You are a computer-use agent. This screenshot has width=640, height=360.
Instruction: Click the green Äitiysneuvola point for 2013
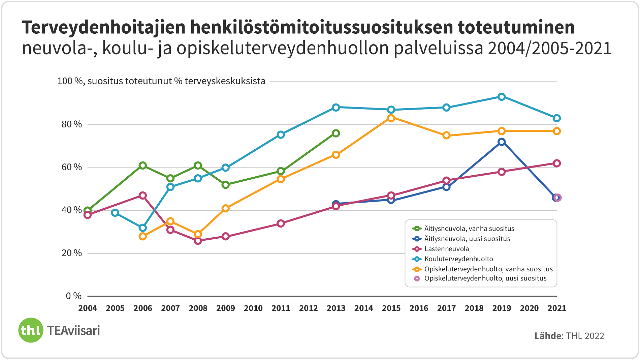pyautogui.click(x=336, y=133)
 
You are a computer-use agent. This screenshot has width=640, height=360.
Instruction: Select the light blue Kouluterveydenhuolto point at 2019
pyautogui.click(x=502, y=97)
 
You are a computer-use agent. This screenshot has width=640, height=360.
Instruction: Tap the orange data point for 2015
pyautogui.click(x=391, y=118)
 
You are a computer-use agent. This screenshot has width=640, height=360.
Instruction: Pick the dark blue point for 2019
pyautogui.click(x=502, y=142)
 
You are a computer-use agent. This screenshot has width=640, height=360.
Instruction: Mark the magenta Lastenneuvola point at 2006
pyautogui.click(x=143, y=196)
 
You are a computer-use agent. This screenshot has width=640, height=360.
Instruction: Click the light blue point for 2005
pyautogui.click(x=115, y=213)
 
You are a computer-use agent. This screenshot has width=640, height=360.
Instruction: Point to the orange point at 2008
pyautogui.click(x=198, y=234)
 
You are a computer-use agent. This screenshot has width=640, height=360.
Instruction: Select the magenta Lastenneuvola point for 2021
pyautogui.click(x=557, y=163)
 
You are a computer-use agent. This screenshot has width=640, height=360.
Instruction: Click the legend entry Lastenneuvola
pyautogui.click(x=446, y=249)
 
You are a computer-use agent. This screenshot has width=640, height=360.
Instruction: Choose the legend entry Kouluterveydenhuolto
pyautogui.click(x=458, y=259)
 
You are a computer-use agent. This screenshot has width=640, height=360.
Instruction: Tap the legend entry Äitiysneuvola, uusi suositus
pyautogui.click(x=467, y=239)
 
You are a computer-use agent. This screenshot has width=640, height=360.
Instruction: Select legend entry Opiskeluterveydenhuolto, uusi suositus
pyautogui.click(x=485, y=279)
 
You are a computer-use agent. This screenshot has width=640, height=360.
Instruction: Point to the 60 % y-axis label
pyautogui.click(x=72, y=167)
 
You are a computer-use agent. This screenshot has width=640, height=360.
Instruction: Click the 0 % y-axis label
pyautogui.click(x=74, y=296)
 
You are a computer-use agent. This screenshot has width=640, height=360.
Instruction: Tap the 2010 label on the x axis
pyautogui.click(x=253, y=308)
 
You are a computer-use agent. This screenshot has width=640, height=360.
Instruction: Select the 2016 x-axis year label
pyautogui.click(x=419, y=308)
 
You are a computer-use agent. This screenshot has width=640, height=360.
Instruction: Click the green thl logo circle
pyautogui.click(x=31, y=330)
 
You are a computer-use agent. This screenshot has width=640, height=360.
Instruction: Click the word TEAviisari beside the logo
pyautogui.click(x=73, y=331)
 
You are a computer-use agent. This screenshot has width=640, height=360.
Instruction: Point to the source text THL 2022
pyautogui.click(x=585, y=336)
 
